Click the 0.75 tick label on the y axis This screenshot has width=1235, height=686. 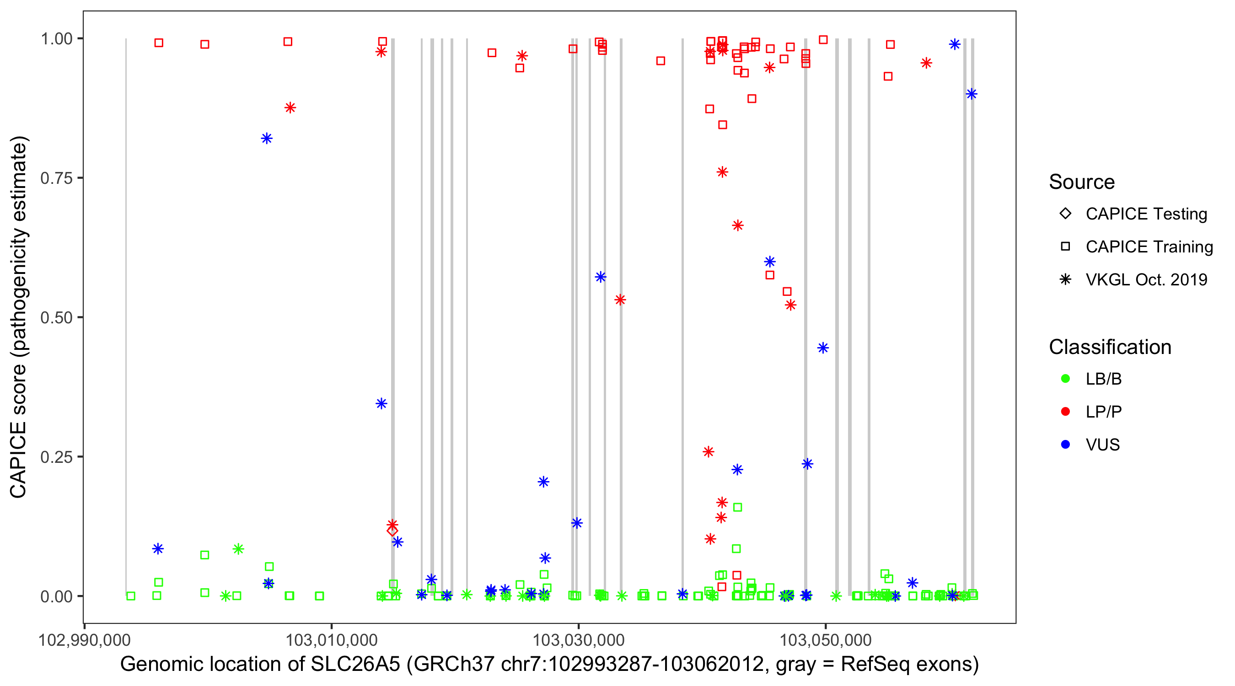56,178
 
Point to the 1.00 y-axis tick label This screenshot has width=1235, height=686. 56,39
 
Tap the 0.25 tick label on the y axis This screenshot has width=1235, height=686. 56,457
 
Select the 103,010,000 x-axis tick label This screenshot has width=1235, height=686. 331,640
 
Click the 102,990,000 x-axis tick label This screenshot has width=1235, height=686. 84,640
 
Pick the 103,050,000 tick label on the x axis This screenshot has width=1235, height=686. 825,640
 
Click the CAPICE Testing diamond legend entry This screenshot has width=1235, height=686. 1065,214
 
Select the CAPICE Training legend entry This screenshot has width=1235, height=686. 1065,247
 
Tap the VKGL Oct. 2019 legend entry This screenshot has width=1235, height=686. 1065,279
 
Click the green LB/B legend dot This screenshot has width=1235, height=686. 1065,379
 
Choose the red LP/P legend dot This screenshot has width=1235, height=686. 1065,412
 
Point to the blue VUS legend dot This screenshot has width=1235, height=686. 1065,445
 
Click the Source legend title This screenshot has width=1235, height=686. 1082,182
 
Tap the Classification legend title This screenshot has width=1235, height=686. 1110,347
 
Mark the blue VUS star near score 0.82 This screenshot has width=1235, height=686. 267,139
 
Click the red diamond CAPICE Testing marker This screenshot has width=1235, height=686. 392,531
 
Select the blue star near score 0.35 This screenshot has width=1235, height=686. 381,404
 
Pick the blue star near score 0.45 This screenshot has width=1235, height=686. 823,348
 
